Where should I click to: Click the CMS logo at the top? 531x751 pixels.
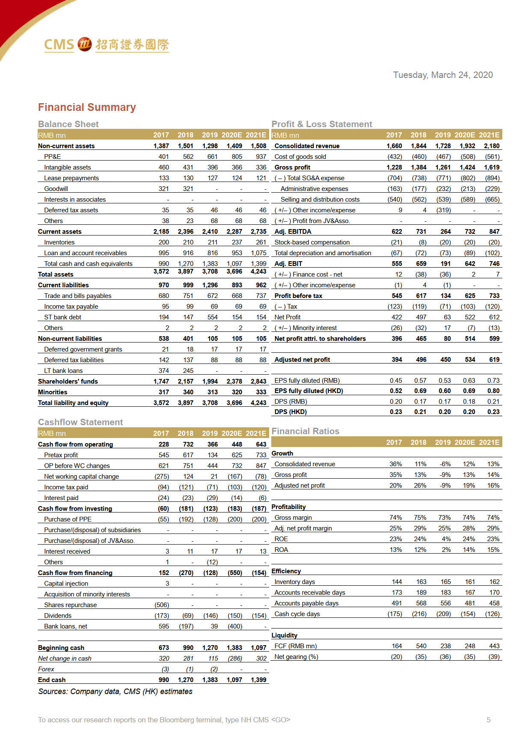[x=107, y=45]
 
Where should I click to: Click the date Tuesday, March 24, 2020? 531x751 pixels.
[x=443, y=75]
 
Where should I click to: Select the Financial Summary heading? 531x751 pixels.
[x=87, y=107]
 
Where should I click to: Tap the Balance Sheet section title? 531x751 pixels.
[x=68, y=124]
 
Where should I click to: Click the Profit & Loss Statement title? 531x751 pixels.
[x=322, y=124]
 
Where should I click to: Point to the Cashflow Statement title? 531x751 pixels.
[x=80, y=422]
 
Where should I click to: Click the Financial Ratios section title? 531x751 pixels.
[x=306, y=431]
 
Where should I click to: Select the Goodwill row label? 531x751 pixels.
[x=56, y=189]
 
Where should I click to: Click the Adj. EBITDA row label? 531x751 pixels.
[x=293, y=232]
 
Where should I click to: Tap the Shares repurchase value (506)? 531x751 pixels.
[x=162, y=605]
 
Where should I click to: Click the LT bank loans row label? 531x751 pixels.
[x=63, y=371]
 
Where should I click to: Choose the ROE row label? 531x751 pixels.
[x=281, y=539]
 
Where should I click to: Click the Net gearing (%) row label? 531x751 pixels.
[x=296, y=657]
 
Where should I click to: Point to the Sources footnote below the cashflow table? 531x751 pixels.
[x=115, y=691]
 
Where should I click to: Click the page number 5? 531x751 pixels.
[x=489, y=720]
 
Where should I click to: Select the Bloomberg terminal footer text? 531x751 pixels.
[x=164, y=720]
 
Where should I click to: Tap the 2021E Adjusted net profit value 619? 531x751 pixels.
[x=494, y=360]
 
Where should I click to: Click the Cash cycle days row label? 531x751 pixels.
[x=297, y=614]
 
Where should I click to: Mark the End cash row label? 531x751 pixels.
[x=52, y=680]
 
